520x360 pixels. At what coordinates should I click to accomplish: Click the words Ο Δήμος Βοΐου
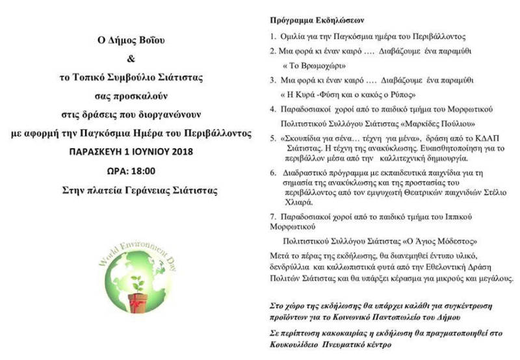tap(128, 40)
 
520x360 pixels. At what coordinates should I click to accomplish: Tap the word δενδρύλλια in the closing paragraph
tap(291, 267)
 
